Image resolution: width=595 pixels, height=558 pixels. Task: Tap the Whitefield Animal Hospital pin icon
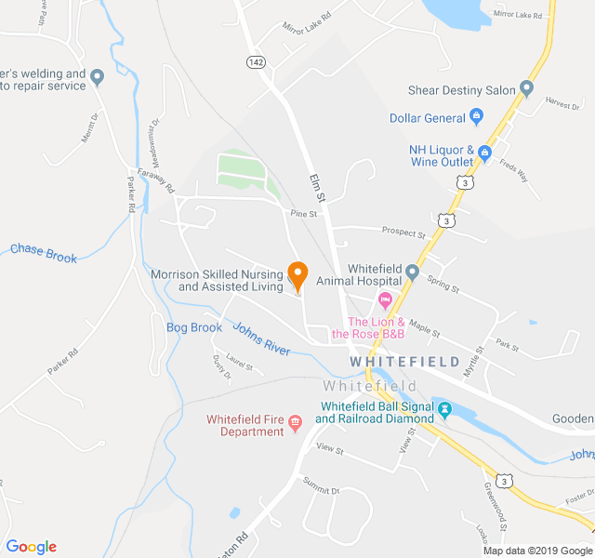412,273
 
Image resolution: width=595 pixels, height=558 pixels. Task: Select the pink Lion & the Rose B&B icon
384,301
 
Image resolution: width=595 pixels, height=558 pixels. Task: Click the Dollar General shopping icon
477,117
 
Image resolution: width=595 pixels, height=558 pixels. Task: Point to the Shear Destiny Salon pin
527,89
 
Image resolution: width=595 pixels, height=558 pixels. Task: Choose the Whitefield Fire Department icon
296,424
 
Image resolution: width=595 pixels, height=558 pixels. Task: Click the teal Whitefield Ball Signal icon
444,409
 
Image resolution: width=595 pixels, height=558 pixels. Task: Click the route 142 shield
256,61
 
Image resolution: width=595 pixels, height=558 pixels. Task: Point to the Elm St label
317,187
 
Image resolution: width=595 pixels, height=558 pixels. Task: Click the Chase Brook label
43,252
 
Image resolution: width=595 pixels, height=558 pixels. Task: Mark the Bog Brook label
194,327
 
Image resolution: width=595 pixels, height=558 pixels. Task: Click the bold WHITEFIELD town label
403,361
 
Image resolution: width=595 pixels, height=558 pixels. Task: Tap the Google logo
32,546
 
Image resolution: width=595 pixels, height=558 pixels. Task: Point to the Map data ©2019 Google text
536,550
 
